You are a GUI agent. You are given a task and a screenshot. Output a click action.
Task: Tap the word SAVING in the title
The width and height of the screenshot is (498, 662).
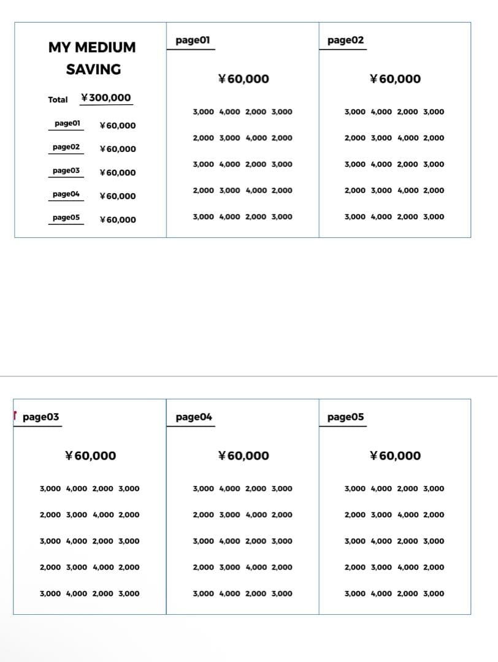[93, 69]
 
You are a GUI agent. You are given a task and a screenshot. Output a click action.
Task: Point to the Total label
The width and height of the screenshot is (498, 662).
[58, 99]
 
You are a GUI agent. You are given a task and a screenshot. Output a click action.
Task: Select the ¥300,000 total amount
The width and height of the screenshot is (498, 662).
[106, 98]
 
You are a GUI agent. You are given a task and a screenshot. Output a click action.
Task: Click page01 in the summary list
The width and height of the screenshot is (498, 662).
[67, 124]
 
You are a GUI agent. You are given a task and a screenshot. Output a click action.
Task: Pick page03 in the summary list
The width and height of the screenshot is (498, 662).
[66, 170]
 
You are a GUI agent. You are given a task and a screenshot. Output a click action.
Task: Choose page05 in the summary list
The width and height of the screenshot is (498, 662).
[66, 218]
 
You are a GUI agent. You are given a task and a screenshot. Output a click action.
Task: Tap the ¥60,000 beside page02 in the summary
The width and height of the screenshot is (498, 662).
[118, 149]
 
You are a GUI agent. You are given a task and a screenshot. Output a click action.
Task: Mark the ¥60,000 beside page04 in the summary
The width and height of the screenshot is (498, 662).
[118, 196]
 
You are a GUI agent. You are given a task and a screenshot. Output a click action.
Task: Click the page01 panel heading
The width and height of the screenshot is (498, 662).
[193, 40]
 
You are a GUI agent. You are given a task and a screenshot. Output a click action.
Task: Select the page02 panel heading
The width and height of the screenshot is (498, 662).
[345, 40]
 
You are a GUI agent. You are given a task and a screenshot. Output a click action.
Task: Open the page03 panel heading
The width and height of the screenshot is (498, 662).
[40, 417]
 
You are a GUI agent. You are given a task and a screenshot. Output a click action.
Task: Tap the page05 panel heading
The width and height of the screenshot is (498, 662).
[346, 417]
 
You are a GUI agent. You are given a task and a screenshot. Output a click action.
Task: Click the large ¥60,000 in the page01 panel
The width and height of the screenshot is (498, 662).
[243, 78]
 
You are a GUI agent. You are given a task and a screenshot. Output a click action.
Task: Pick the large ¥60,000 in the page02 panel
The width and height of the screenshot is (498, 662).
[396, 78]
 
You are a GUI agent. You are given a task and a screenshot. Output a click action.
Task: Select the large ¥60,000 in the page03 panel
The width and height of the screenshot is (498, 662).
[90, 455]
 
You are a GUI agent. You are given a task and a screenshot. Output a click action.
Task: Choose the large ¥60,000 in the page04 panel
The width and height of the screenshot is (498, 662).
[243, 455]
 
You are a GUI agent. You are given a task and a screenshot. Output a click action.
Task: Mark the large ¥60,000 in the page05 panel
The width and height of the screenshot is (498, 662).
[396, 455]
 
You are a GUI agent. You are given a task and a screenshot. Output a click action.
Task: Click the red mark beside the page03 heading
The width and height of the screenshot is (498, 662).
[15, 414]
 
